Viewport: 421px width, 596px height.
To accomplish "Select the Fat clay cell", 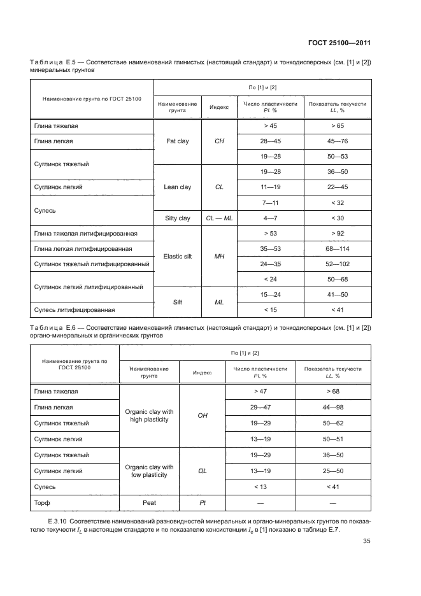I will [x=178, y=141].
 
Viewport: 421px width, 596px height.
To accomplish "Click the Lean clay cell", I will [x=178, y=187].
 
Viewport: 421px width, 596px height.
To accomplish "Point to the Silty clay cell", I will [x=178, y=218].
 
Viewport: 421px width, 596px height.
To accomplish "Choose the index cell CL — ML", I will [x=219, y=218].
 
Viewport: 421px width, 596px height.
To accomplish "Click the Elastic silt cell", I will [x=178, y=257].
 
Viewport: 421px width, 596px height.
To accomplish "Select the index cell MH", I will [x=219, y=257].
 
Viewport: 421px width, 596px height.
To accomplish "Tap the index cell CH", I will [x=219, y=141].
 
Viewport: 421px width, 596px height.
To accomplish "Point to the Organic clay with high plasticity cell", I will [x=150, y=416].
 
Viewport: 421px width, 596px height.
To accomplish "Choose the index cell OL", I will [x=203, y=471].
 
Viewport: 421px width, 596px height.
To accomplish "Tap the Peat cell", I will [x=150, y=503].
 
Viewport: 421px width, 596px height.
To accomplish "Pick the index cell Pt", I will [x=203, y=503].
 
